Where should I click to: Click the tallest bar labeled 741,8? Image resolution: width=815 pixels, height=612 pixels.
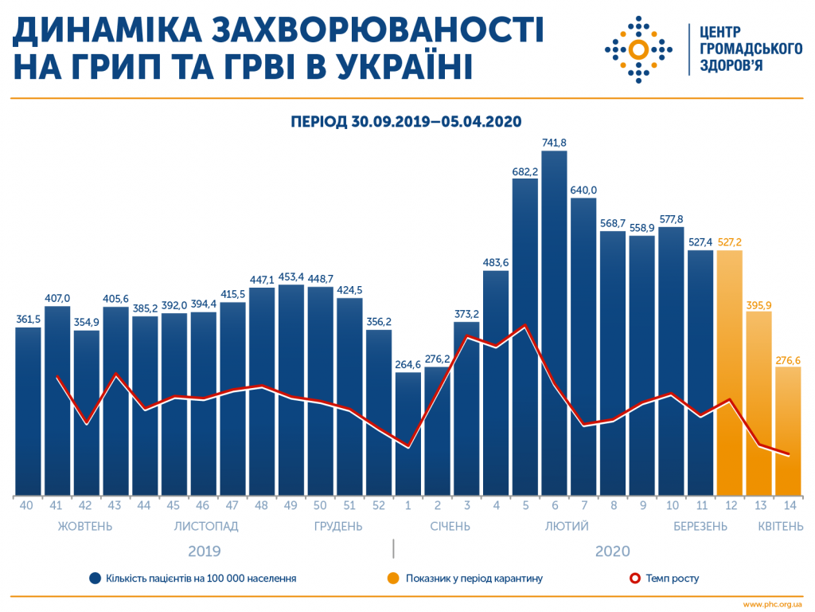coord(554,319)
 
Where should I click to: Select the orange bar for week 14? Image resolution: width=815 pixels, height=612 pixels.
coord(788,430)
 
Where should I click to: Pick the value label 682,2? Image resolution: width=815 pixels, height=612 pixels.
coord(525,171)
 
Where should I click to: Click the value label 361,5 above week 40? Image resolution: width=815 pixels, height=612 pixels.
coord(29,320)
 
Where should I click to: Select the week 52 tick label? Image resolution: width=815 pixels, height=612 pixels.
coord(379,505)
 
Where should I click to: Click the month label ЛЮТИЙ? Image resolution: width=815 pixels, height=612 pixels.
coord(567,526)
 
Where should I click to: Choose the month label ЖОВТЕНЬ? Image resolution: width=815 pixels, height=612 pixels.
coord(85,526)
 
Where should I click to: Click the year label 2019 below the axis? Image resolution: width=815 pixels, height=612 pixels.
coord(205,551)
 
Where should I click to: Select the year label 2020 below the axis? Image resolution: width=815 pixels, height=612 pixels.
coord(611,551)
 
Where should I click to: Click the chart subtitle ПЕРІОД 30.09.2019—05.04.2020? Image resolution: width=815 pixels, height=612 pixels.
coord(406,121)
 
